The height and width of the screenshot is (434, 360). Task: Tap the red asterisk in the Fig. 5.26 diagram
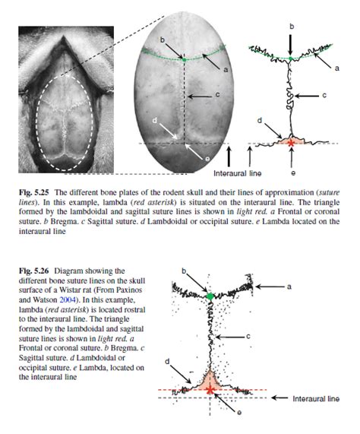tap(210, 389)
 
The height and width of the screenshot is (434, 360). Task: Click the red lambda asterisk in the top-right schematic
tap(290, 141)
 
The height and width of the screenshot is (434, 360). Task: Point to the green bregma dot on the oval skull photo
tap(184, 58)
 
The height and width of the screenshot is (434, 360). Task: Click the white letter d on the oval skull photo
tap(155, 120)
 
